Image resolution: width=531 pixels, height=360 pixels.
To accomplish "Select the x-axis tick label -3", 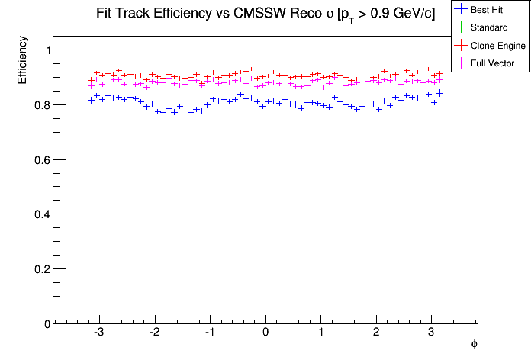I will pyautogui.click(x=98, y=333).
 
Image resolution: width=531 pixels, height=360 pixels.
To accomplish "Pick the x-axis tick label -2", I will pyautogui.click(x=153, y=333).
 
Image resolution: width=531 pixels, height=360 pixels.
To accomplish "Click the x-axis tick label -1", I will pyautogui.click(x=208, y=333).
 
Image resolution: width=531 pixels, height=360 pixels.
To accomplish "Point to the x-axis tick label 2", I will pyautogui.click(x=376, y=333).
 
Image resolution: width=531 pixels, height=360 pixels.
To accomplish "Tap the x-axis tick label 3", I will pyautogui.click(x=431, y=333).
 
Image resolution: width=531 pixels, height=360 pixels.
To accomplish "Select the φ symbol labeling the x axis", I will pyautogui.click(x=474, y=344).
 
